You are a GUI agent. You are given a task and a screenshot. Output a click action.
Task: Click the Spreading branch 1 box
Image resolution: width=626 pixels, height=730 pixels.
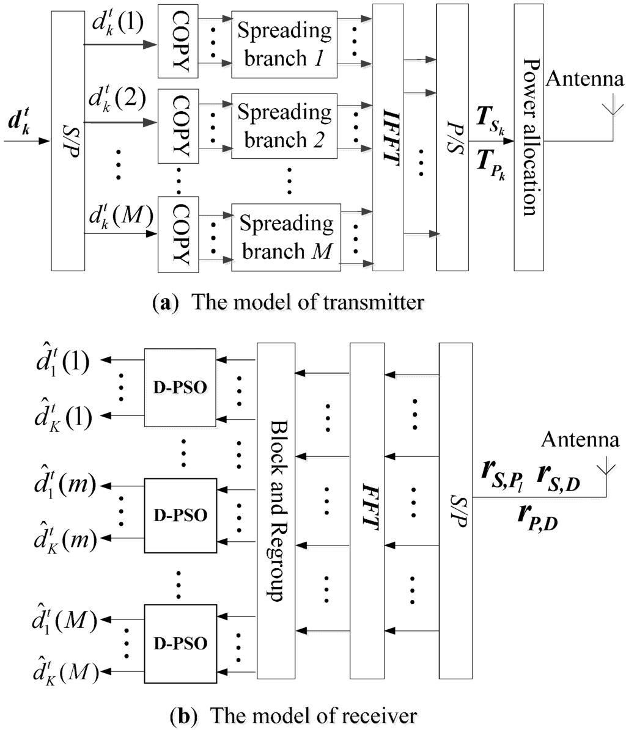285,45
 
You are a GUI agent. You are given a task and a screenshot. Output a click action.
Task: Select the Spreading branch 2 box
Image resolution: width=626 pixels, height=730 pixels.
285,125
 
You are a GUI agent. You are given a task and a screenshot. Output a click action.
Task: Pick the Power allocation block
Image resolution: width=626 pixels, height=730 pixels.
529,137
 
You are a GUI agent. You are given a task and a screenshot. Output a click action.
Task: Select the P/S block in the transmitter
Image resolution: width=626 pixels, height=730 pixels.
452,137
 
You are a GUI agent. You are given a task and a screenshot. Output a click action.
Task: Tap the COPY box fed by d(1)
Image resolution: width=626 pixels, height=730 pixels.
174,45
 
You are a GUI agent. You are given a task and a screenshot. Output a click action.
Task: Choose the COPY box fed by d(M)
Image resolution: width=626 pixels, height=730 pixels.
174,234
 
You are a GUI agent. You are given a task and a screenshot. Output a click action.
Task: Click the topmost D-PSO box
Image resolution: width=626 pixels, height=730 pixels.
180,388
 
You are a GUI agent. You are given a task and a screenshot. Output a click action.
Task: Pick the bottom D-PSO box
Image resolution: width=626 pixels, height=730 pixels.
180,643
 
